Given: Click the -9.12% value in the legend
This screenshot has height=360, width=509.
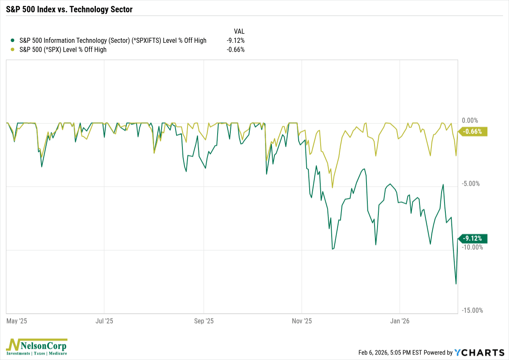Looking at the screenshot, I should [235, 41].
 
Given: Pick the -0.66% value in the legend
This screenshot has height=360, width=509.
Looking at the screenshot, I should [235, 50].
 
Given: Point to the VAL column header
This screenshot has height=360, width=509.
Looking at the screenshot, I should [239, 31].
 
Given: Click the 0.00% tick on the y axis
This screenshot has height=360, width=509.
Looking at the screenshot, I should [470, 120].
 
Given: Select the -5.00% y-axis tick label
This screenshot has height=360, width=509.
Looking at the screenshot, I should [471, 184].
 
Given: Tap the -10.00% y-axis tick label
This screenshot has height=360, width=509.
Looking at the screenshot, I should [472, 247].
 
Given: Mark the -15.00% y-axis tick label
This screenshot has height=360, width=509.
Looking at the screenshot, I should [472, 310].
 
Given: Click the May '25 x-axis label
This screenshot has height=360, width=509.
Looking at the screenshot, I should [17, 321].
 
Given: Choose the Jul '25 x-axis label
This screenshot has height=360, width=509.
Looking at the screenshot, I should [104, 321].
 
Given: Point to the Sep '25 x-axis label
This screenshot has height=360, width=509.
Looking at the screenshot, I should [204, 321].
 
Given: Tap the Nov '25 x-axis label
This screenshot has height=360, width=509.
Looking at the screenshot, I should [302, 321].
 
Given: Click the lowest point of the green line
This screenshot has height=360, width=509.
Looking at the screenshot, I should [456, 284].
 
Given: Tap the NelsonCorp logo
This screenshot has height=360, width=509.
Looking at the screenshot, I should [36, 346].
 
